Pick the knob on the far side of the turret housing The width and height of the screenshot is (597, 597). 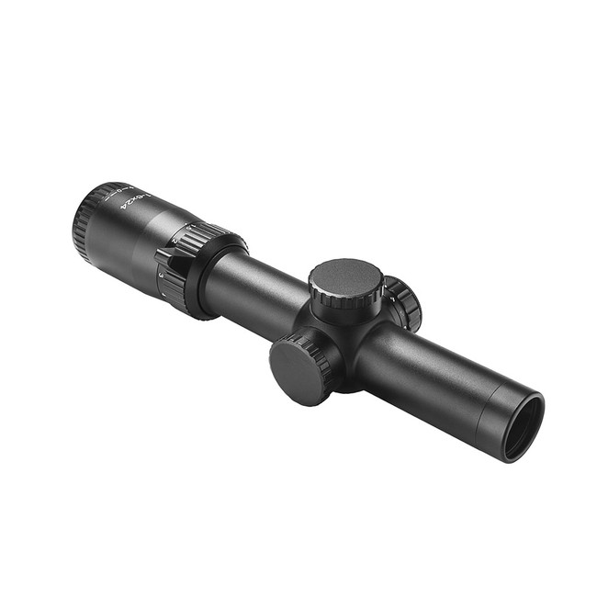coord(405,302)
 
